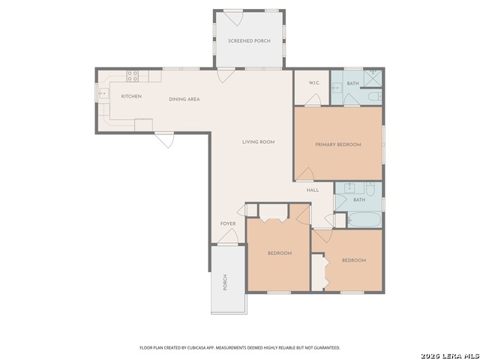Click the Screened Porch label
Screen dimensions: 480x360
click(249, 40)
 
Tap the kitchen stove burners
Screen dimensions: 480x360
click(133, 76)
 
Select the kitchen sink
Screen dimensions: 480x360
click(103, 91)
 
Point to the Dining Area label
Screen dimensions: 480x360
click(184, 99)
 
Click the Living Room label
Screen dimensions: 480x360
click(258, 142)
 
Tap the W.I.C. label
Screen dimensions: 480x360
click(314, 83)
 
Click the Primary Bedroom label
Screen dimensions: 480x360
click(338, 145)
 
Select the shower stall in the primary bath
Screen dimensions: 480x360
click(373, 79)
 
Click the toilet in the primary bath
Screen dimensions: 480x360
click(376, 97)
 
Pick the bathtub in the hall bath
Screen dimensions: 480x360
click(364, 219)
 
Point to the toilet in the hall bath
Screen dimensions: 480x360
click(370, 189)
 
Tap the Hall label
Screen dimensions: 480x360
click(313, 190)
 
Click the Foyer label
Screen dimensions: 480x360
click(228, 223)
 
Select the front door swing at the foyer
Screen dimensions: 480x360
click(228, 236)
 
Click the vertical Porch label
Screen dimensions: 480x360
click(225, 282)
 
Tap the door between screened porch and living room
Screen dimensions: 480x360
click(226, 75)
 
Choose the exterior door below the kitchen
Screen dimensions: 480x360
click(164, 140)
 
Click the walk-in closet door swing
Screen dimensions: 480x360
click(313, 100)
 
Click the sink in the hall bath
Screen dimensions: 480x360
click(349, 187)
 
